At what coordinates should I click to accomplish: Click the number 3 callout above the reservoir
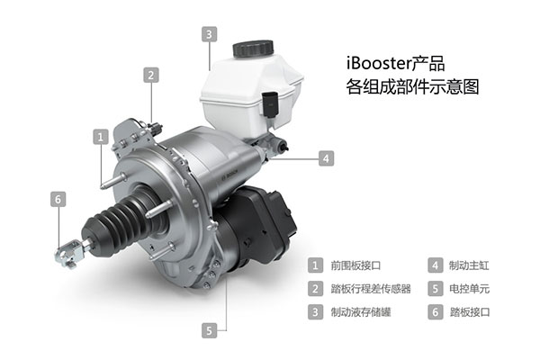tap(210, 34)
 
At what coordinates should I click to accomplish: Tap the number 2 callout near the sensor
tap(151, 75)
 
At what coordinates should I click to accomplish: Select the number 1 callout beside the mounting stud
tap(101, 137)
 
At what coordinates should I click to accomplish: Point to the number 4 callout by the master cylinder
tap(326, 158)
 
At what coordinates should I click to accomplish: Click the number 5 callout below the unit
tap(210, 330)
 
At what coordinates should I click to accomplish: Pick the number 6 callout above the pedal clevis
tap(58, 199)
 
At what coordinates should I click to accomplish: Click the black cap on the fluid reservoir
tap(253, 49)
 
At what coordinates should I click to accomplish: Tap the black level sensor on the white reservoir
tap(270, 104)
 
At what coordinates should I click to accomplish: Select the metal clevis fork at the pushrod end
tap(69, 253)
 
